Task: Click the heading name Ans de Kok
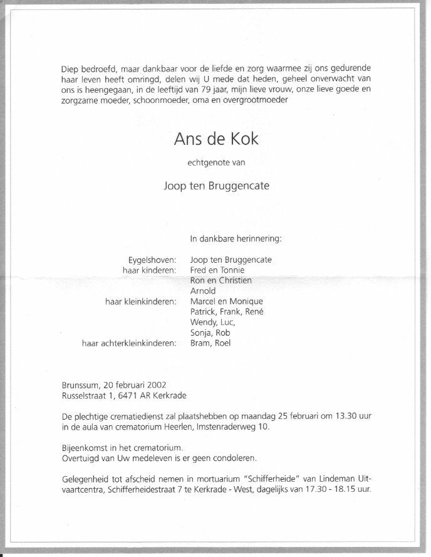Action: click(215, 139)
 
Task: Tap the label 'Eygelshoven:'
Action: click(151, 259)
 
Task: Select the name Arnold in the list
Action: click(203, 290)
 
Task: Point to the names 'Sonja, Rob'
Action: click(210, 332)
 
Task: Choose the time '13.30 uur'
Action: click(358, 416)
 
